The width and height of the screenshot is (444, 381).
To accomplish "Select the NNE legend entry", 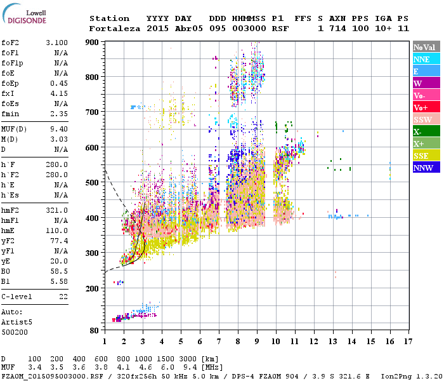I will point(426,59).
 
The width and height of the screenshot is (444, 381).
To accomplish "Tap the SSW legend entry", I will point(426,119).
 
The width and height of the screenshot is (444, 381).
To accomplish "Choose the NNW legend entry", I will point(426,168).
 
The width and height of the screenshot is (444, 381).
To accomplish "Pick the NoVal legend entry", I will point(426,47).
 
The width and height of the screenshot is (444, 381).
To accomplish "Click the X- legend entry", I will point(426,131).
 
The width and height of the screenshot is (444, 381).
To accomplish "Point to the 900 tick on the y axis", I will point(93,42).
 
